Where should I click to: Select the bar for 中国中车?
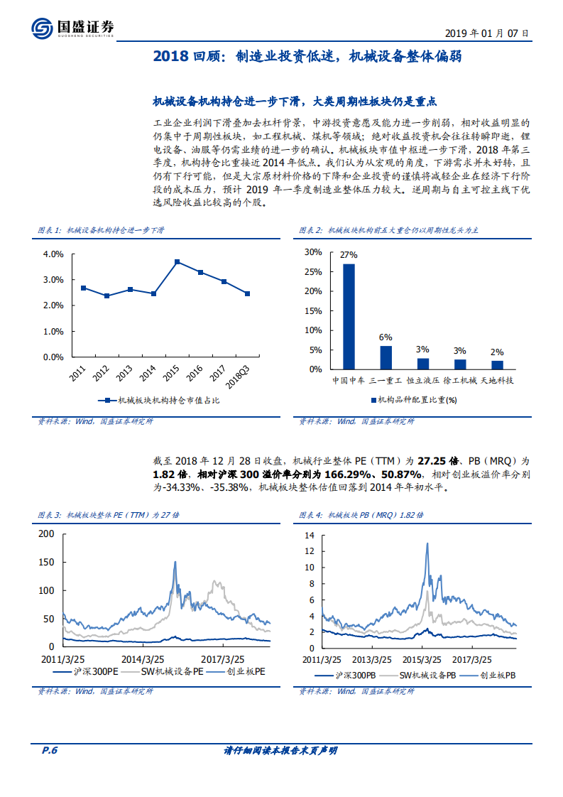[x=349, y=316]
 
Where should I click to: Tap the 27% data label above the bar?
[x=349, y=255]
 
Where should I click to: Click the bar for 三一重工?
[x=386, y=357]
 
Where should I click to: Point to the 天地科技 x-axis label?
[x=497, y=381]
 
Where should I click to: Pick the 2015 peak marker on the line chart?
[x=177, y=261]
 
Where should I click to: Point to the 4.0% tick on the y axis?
[x=53, y=254]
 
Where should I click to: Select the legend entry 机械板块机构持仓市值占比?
[x=160, y=401]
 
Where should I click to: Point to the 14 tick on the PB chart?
[x=310, y=535]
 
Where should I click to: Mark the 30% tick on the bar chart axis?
[x=312, y=251]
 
